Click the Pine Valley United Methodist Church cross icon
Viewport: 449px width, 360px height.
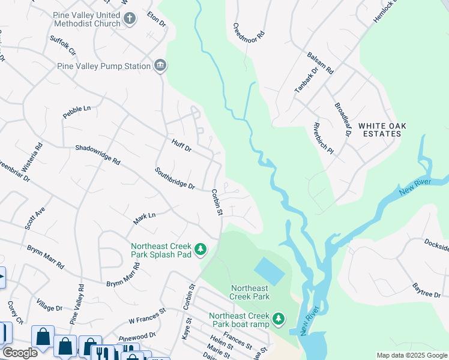tap(129, 18)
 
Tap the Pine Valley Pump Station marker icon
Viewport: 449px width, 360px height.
tap(160, 65)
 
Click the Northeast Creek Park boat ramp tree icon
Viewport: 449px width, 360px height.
tap(278, 318)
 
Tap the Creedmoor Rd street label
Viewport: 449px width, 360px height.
tap(249, 32)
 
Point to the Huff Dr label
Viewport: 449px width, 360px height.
tap(181, 145)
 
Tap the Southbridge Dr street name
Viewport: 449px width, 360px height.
tap(175, 178)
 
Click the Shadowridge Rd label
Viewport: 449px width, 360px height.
tap(98, 155)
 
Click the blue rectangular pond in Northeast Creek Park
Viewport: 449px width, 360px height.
tap(269, 271)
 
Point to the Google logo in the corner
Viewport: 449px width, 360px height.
tap(19, 353)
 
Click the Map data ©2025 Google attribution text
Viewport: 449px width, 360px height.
tap(411, 355)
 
